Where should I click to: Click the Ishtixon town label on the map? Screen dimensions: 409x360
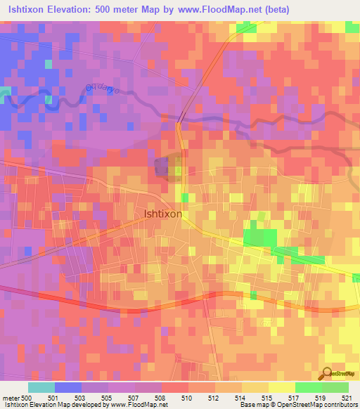[x=163, y=214]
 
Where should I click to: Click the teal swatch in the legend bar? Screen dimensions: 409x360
[x=41, y=387]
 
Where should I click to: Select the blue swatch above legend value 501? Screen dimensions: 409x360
[x=68, y=387]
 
